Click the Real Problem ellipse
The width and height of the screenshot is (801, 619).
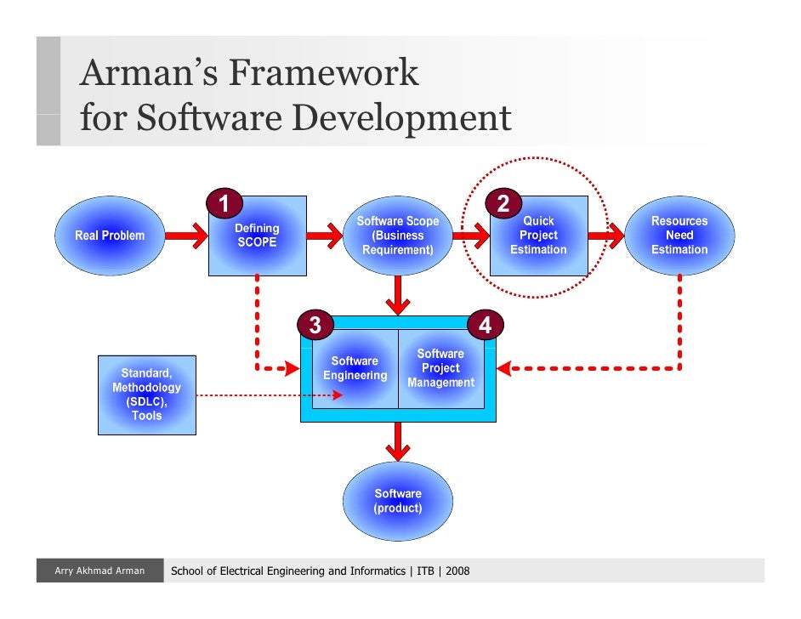pos(110,236)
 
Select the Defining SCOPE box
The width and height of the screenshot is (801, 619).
pos(257,236)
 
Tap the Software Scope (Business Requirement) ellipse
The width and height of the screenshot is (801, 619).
pos(397,236)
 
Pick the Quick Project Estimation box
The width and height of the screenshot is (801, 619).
pos(538,236)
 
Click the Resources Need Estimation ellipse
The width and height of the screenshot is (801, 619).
pos(679,236)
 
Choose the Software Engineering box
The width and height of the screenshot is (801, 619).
pos(355,368)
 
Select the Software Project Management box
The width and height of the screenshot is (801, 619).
pos(440,368)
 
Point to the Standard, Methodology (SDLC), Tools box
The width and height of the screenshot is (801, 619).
pos(146,395)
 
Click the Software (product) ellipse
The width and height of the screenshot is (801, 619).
pos(397,501)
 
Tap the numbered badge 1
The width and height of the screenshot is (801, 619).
pos(224,203)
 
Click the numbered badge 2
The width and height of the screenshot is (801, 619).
pos(503,204)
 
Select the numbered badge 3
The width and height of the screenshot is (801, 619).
pos(315,325)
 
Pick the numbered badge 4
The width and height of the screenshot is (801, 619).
pos(484,325)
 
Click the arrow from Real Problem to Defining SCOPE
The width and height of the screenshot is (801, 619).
pos(179,235)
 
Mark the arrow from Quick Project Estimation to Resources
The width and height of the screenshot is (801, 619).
pos(606,235)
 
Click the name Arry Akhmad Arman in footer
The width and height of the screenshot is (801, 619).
pos(99,571)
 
